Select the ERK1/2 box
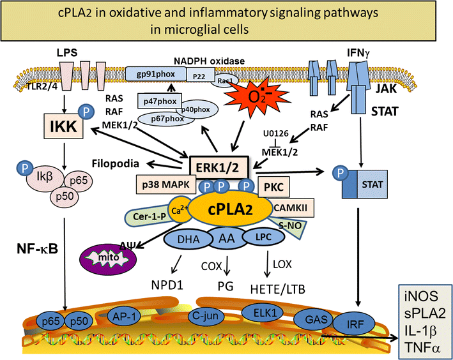click(x=218, y=169)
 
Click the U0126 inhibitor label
click(x=276, y=134)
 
